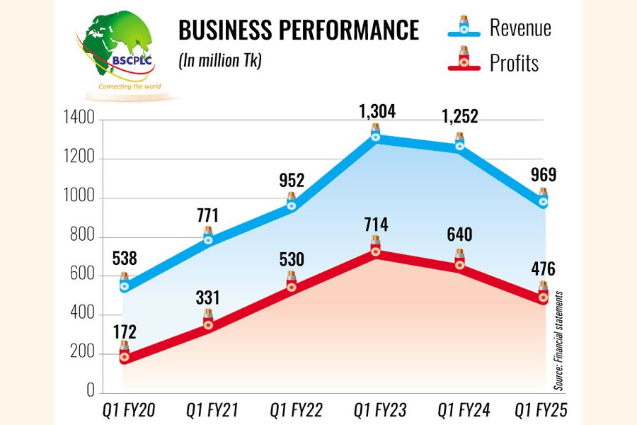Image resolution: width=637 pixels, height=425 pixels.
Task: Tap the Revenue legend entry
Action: [500, 28]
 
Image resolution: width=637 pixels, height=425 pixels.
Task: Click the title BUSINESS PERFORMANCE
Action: [298, 31]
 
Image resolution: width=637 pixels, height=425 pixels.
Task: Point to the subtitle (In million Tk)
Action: [219, 62]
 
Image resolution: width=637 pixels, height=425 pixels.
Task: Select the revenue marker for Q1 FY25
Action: [544, 201]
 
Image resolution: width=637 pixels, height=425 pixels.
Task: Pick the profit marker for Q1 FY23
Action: [376, 251]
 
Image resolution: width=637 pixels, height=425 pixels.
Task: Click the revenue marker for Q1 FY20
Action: [124, 286]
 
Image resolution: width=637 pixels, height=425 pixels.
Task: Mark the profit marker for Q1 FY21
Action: [208, 324]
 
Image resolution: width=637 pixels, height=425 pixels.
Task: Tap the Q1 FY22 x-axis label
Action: [292, 410]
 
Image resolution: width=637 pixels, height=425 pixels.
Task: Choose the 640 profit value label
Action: [459, 234]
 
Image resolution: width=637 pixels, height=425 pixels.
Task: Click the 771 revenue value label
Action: [208, 215]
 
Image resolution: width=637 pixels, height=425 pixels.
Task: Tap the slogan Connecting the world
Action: [130, 87]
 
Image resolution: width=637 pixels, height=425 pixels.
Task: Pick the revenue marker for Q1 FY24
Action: [459, 145]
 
